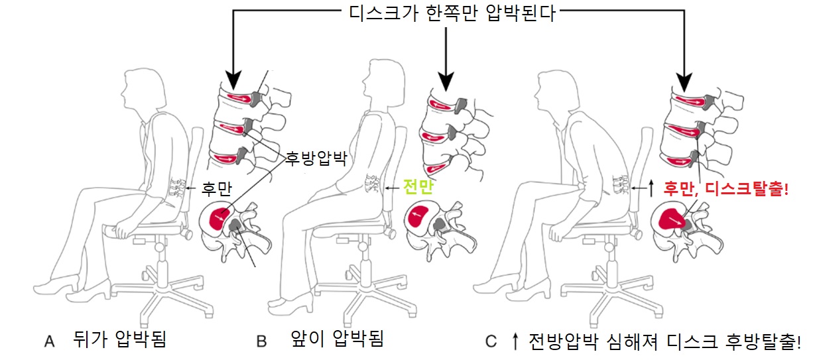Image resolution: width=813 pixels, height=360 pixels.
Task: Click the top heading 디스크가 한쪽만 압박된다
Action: (452, 13)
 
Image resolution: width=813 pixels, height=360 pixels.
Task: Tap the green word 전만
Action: (418, 187)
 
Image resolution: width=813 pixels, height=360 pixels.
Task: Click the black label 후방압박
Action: (316, 158)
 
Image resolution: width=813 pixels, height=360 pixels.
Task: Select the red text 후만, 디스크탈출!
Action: (726, 189)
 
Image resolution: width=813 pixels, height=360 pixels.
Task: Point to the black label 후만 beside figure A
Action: (216, 188)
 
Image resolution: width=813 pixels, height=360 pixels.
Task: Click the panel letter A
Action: (49, 341)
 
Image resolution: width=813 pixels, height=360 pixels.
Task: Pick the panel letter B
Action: (261, 341)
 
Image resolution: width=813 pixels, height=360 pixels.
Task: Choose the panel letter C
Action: (491, 341)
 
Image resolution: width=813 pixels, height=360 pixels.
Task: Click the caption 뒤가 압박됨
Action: (120, 339)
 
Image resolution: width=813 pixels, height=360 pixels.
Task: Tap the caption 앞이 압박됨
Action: (337, 339)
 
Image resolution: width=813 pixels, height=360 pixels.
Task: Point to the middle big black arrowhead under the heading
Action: (446, 82)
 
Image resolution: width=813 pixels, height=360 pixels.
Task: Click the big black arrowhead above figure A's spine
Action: (232, 80)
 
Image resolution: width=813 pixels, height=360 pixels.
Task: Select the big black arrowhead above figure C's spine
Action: (684, 82)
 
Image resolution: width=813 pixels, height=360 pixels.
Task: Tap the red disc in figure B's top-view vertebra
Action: (418, 217)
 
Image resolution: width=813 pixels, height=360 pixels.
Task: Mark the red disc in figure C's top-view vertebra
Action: (672, 219)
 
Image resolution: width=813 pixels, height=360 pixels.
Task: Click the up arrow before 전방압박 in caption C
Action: (515, 341)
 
